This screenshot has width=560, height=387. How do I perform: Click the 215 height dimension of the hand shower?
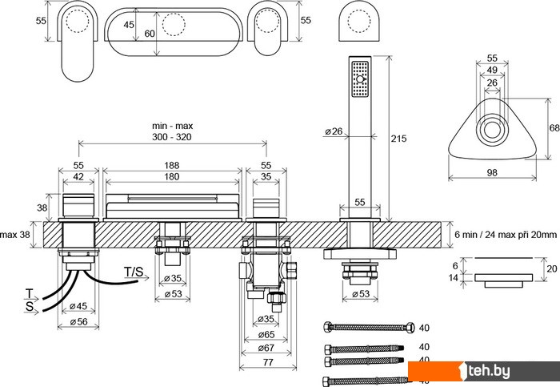[x=399, y=139]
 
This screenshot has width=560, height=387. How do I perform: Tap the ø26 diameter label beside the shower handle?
[x=334, y=131]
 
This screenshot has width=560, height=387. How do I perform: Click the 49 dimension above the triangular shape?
[x=492, y=71]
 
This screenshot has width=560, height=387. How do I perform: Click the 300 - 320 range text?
[x=174, y=138]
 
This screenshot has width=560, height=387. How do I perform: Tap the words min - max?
[x=174, y=127]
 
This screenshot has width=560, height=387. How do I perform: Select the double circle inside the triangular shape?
[x=492, y=130]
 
